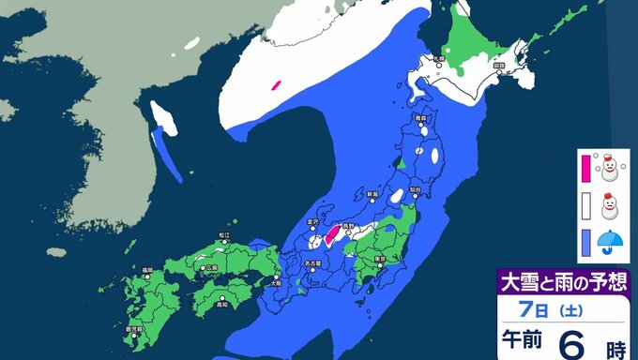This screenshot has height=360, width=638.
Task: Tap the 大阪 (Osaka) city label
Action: pos(274,280)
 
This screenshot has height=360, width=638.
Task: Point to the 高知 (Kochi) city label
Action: pos(222,304)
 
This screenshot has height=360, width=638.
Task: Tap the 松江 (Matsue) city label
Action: pos(223,235)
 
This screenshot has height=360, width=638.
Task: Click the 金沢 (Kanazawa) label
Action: pos(312,223)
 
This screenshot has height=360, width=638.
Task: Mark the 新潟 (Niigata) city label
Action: pos(372,194)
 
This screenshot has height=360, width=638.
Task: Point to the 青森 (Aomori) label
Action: pos(421,119)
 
